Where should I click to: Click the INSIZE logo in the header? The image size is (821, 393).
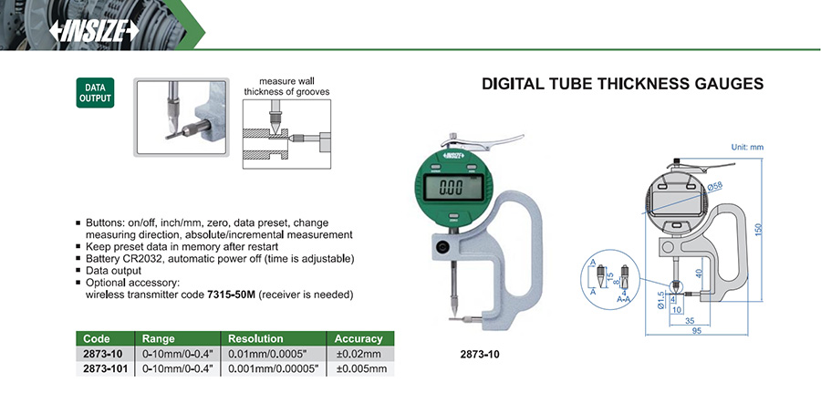(94, 31)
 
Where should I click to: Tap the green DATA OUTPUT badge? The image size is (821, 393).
(95, 93)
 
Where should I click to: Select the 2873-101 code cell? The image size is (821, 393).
(105, 368)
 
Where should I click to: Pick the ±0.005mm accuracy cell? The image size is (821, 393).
(361, 368)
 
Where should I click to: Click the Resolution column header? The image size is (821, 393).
(255, 338)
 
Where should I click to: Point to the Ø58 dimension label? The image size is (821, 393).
(714, 186)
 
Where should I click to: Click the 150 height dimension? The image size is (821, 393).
(759, 230)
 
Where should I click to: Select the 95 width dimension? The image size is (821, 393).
(696, 331)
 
